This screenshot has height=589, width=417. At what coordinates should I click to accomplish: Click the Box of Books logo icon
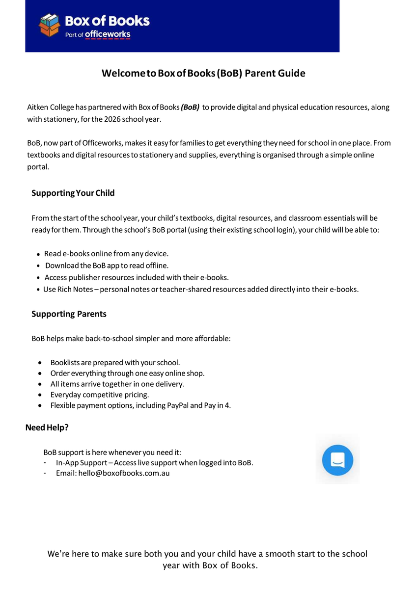[x=50, y=25]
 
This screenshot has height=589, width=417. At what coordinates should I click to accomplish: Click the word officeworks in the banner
[x=108, y=34]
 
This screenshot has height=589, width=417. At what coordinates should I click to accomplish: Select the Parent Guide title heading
[x=203, y=74]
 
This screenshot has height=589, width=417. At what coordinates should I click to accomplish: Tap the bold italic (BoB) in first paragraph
[x=190, y=107]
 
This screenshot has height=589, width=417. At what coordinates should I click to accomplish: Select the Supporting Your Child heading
[x=73, y=193]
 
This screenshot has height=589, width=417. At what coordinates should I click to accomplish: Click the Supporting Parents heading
[x=69, y=314]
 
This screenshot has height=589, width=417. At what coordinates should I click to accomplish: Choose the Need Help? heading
[x=47, y=428]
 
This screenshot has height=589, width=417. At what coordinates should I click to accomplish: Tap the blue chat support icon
[x=337, y=460]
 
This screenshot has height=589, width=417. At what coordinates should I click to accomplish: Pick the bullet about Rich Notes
[x=200, y=289]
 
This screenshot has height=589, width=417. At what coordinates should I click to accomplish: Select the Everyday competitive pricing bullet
[x=100, y=395]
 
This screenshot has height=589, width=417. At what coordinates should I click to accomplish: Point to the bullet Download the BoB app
[x=107, y=266]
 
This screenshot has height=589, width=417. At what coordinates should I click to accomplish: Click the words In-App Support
[x=81, y=463]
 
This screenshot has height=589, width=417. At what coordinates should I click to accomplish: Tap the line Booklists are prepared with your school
[x=115, y=363]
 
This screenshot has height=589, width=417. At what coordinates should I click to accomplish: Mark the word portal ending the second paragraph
[x=38, y=167]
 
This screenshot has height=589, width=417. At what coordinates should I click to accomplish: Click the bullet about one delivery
[x=117, y=384]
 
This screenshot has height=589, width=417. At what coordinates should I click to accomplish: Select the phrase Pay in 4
[x=217, y=405]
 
